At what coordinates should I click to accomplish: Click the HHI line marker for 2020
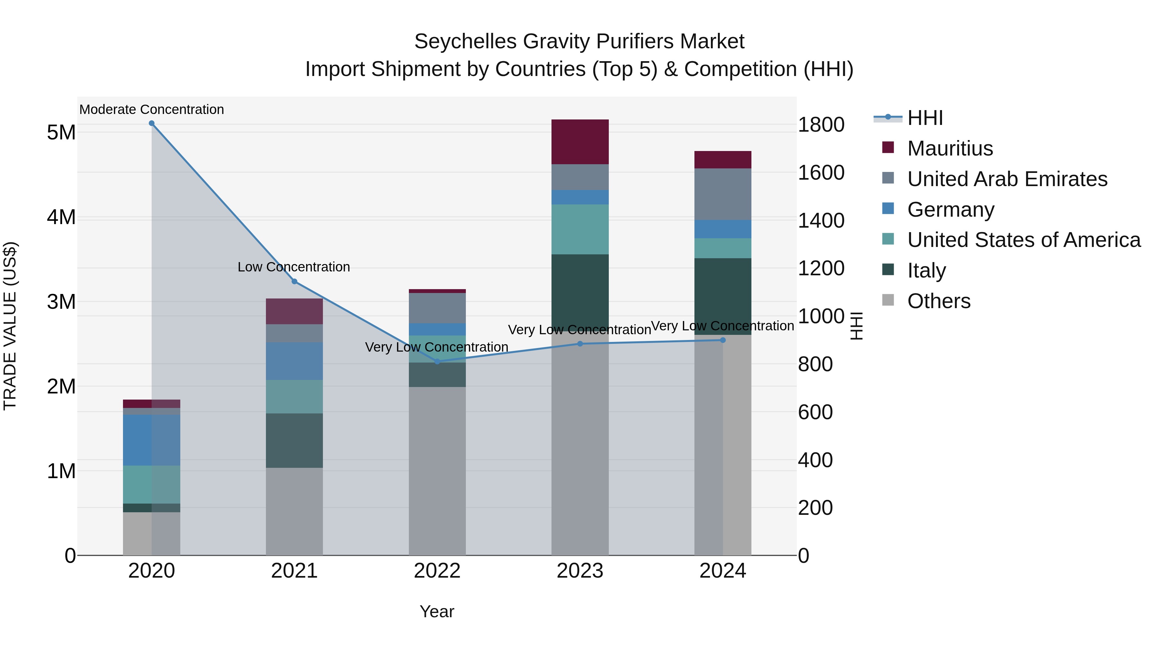point(152,123)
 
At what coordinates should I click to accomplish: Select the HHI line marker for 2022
point(437,361)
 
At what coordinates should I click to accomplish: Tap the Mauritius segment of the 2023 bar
point(580,142)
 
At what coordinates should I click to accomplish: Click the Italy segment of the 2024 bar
point(722,296)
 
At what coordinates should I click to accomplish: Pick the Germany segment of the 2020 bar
point(151,440)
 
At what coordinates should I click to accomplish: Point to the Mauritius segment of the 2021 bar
point(294,311)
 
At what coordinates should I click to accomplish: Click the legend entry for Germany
point(950,210)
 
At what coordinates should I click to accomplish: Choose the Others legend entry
point(938,301)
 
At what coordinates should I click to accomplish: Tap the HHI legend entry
point(925,118)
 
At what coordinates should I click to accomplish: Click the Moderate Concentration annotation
point(152,109)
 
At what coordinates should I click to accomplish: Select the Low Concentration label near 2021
point(294,267)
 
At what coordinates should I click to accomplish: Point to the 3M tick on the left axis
point(61,302)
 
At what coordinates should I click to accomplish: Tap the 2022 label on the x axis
point(437,571)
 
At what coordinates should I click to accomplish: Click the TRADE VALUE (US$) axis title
point(10,326)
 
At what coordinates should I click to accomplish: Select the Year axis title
point(437,611)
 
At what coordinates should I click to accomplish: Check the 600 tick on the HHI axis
point(815,412)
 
